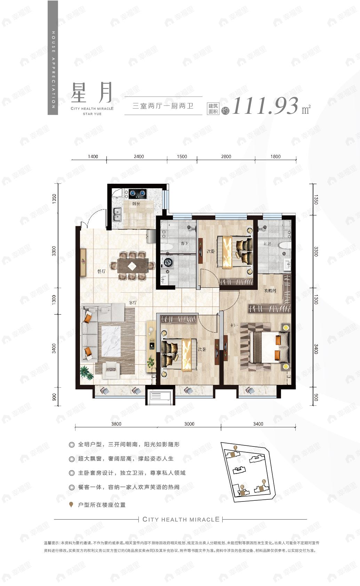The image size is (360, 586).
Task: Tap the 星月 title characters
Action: [92, 92]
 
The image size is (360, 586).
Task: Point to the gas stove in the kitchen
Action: [138, 193]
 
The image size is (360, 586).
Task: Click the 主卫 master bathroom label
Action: [267, 244]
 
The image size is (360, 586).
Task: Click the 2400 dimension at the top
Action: [139, 156]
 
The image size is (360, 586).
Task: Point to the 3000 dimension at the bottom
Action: [189, 424]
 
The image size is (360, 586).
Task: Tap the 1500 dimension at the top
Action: [182, 156]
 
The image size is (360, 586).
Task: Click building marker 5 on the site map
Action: [264, 482]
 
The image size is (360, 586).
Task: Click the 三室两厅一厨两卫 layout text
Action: [163, 106]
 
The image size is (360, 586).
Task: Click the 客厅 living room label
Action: [132, 303]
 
